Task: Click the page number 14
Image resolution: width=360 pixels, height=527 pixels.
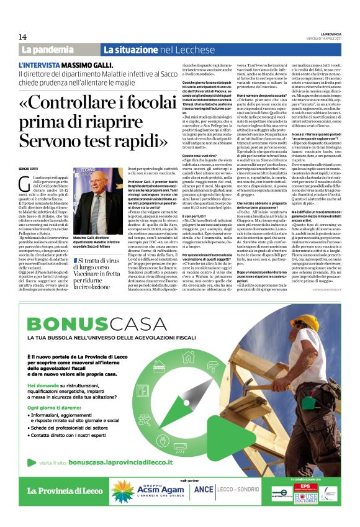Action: point(23,37)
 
